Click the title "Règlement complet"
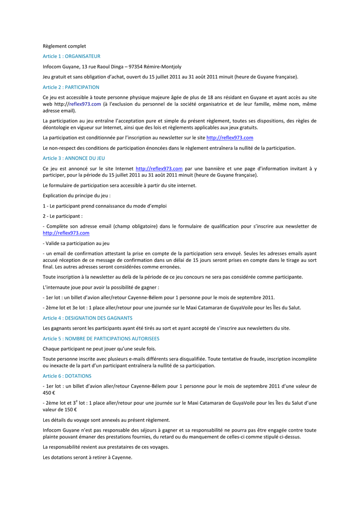point(64,46)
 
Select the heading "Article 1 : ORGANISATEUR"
point(72,57)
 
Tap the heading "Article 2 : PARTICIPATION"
point(71,87)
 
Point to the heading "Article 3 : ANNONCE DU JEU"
point(74,158)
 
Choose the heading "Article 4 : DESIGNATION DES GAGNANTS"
point(87,318)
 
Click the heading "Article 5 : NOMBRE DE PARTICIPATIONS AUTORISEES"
point(101,338)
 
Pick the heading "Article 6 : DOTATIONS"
point(67,376)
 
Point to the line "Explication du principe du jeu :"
point(76,195)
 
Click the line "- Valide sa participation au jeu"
point(76,244)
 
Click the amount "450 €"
point(49,392)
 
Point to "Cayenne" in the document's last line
point(122,457)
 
